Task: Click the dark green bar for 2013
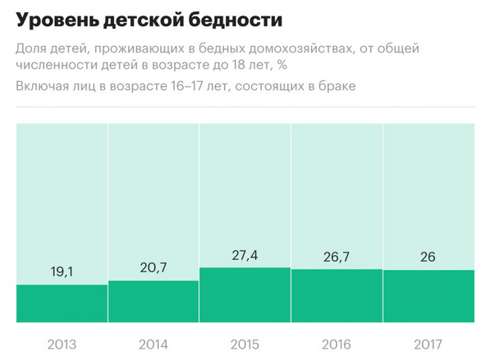(62, 303)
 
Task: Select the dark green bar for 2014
(153, 301)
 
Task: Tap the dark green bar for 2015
(245, 294)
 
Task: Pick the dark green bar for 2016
(337, 295)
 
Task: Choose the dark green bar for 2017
(428, 296)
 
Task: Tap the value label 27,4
(245, 255)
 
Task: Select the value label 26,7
(337, 257)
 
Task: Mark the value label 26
(428, 257)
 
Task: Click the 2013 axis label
(62, 343)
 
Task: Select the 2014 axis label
(153, 343)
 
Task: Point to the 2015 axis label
(245, 343)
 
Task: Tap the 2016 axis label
(337, 343)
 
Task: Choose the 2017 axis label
(428, 343)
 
